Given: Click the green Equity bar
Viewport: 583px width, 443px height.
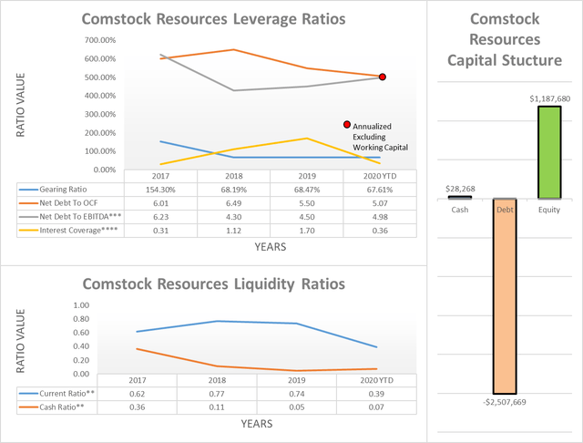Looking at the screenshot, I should (548, 151).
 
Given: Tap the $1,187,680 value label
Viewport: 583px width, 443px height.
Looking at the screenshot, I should (548, 97).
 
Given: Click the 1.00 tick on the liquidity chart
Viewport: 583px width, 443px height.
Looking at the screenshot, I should (106, 305).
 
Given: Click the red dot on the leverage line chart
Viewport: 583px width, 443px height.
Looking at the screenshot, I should (383, 77).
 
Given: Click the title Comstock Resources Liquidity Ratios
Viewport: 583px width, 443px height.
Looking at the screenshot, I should (213, 283).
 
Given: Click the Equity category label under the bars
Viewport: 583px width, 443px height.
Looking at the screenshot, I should (548, 209).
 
